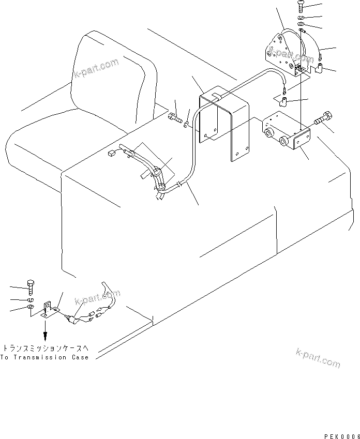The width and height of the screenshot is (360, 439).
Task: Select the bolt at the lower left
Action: (30, 286)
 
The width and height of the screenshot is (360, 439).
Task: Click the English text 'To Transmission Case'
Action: (44, 357)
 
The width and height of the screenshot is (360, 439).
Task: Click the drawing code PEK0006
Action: (341, 422)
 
